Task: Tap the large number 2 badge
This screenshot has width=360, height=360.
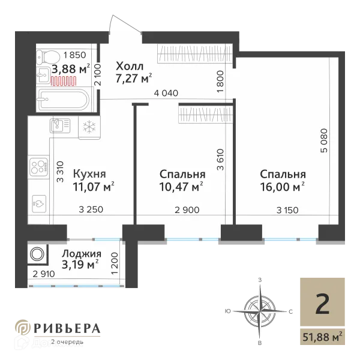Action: pyautogui.click(x=322, y=305)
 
